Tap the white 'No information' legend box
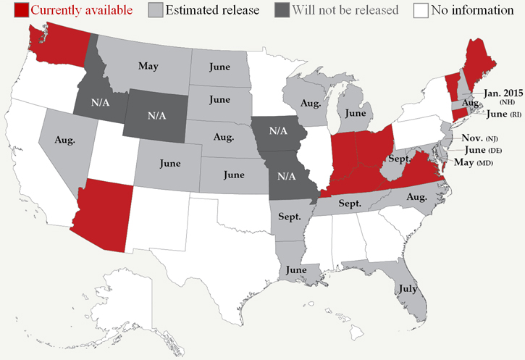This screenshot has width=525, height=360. [x=421, y=11]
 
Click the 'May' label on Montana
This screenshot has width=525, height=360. [x=148, y=66]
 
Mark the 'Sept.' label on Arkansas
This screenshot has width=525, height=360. [x=289, y=216]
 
